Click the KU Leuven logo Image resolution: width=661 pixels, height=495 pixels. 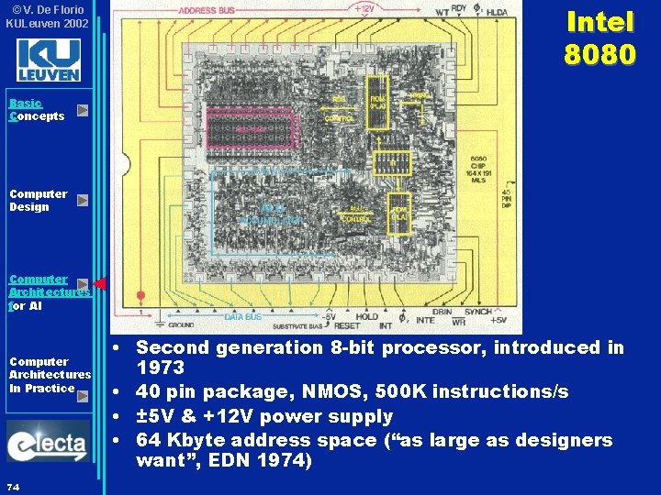click(x=49, y=60)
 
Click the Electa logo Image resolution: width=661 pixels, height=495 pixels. click(x=49, y=442)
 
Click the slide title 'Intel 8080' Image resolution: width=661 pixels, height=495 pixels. click(x=599, y=38)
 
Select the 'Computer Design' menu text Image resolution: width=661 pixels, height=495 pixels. click(x=38, y=200)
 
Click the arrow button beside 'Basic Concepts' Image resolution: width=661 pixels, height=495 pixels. click(x=83, y=110)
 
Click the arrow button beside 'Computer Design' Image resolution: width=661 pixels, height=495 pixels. click(x=83, y=200)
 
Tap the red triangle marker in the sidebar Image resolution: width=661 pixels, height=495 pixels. click(x=100, y=284)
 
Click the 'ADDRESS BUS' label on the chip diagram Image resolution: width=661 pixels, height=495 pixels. click(x=206, y=10)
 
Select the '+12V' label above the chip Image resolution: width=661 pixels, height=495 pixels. click(x=365, y=8)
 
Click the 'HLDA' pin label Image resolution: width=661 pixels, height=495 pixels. click(x=497, y=12)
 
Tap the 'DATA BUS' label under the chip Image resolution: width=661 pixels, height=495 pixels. click(x=244, y=317)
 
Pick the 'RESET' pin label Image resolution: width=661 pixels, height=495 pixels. click(x=347, y=326)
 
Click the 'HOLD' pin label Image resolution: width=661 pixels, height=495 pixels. click(x=366, y=317)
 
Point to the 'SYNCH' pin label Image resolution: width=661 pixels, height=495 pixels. click(x=476, y=312)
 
